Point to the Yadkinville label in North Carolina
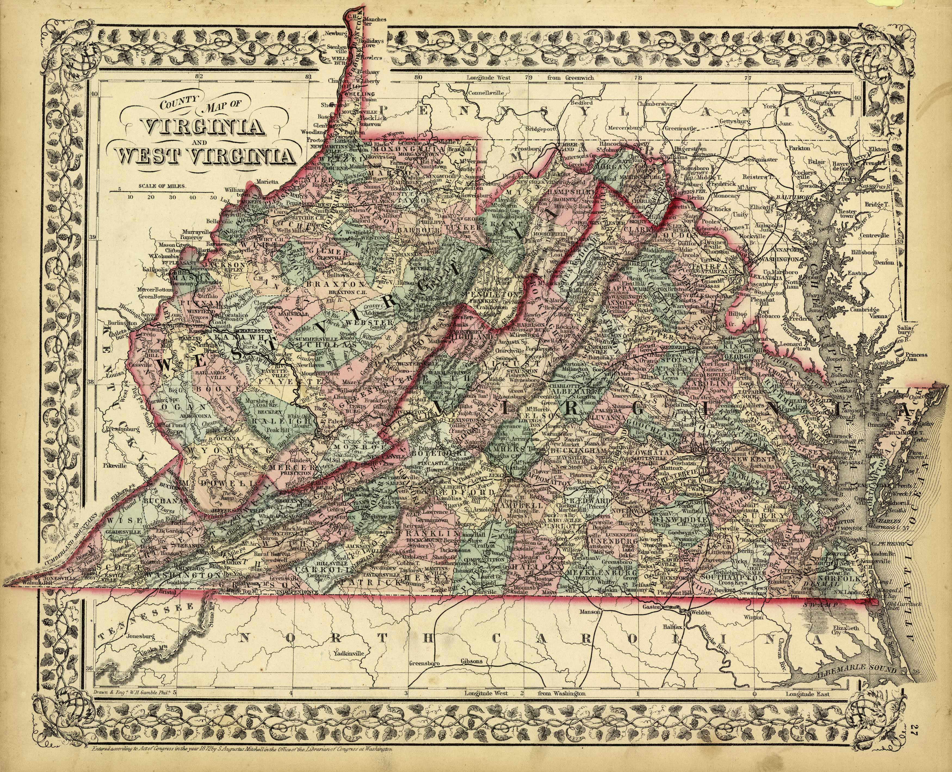pos(346,654)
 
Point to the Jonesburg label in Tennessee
pos(140,636)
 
